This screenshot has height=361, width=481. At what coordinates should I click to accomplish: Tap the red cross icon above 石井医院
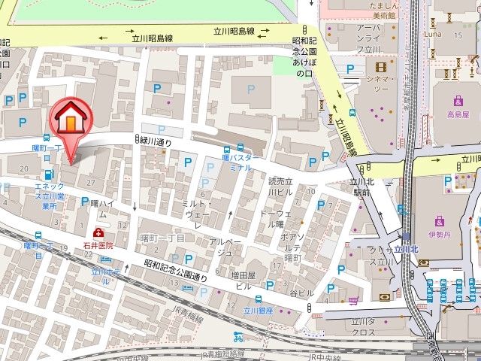98,234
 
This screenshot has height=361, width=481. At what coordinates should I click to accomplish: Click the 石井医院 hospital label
98,245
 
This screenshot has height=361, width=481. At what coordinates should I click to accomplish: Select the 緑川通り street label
156,140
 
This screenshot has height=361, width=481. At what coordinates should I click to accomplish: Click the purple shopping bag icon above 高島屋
458,101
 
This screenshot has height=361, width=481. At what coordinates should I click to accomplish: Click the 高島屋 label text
458,114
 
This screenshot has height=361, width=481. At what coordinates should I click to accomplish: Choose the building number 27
91,183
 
